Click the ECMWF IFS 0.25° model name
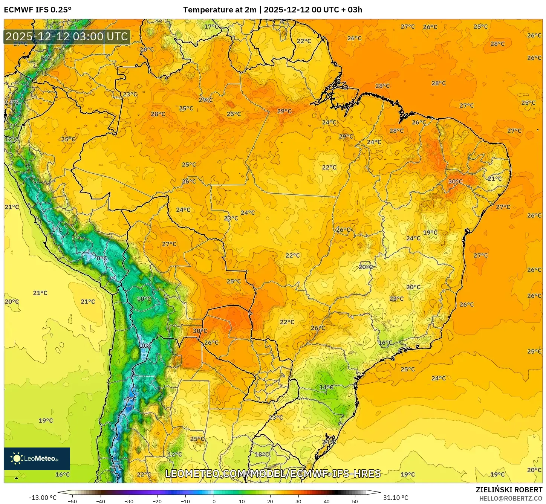click(37, 10)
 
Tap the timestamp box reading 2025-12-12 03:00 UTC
click(67, 37)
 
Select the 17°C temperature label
click(211, 26)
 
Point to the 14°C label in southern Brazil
click(326, 387)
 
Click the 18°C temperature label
click(262, 454)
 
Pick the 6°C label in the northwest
click(46, 58)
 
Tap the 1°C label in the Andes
click(57, 229)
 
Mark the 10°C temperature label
click(144, 299)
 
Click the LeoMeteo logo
click(37, 458)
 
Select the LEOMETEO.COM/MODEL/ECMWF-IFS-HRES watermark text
click(273, 473)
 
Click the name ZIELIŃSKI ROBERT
click(509, 490)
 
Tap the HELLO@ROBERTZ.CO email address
click(511, 498)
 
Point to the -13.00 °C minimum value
click(43, 498)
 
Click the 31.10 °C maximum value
click(396, 498)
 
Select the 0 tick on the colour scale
click(214, 501)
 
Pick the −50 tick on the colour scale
click(72, 501)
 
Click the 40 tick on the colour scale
click(326, 501)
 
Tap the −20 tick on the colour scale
click(157, 501)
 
